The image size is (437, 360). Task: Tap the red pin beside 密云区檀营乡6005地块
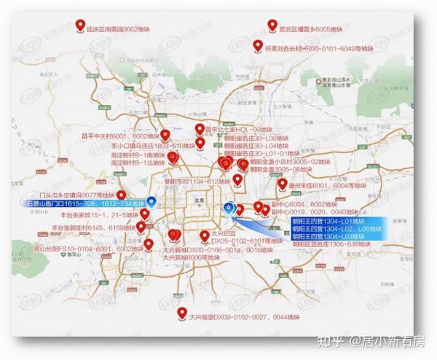tap(271, 25)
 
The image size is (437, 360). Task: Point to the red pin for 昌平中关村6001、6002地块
tap(165, 134)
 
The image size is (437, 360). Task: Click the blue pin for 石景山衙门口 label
tap(151, 201)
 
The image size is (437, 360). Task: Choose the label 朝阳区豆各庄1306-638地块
tap(327, 245)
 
